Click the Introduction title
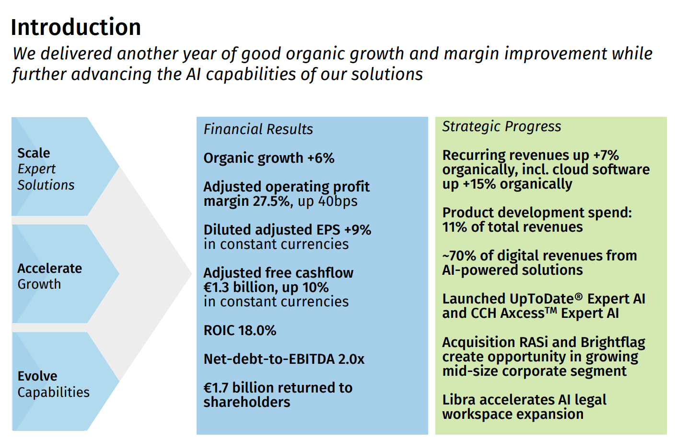coord(76,27)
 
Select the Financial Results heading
coord(258,129)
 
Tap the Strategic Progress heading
coord(501,126)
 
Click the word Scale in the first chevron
coord(34,153)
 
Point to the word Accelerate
coord(50,269)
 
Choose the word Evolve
coord(37,376)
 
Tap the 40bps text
coord(338,201)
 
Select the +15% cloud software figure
coord(479,184)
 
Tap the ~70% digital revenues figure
coord(459,256)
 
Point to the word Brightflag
coord(613,343)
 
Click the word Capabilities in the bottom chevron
coord(54,392)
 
